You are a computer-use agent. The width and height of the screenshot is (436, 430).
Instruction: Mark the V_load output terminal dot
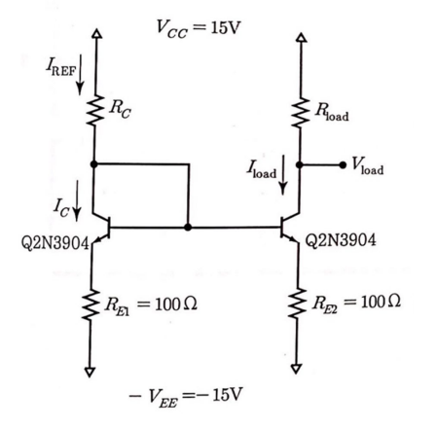pyautogui.click(x=339, y=165)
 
